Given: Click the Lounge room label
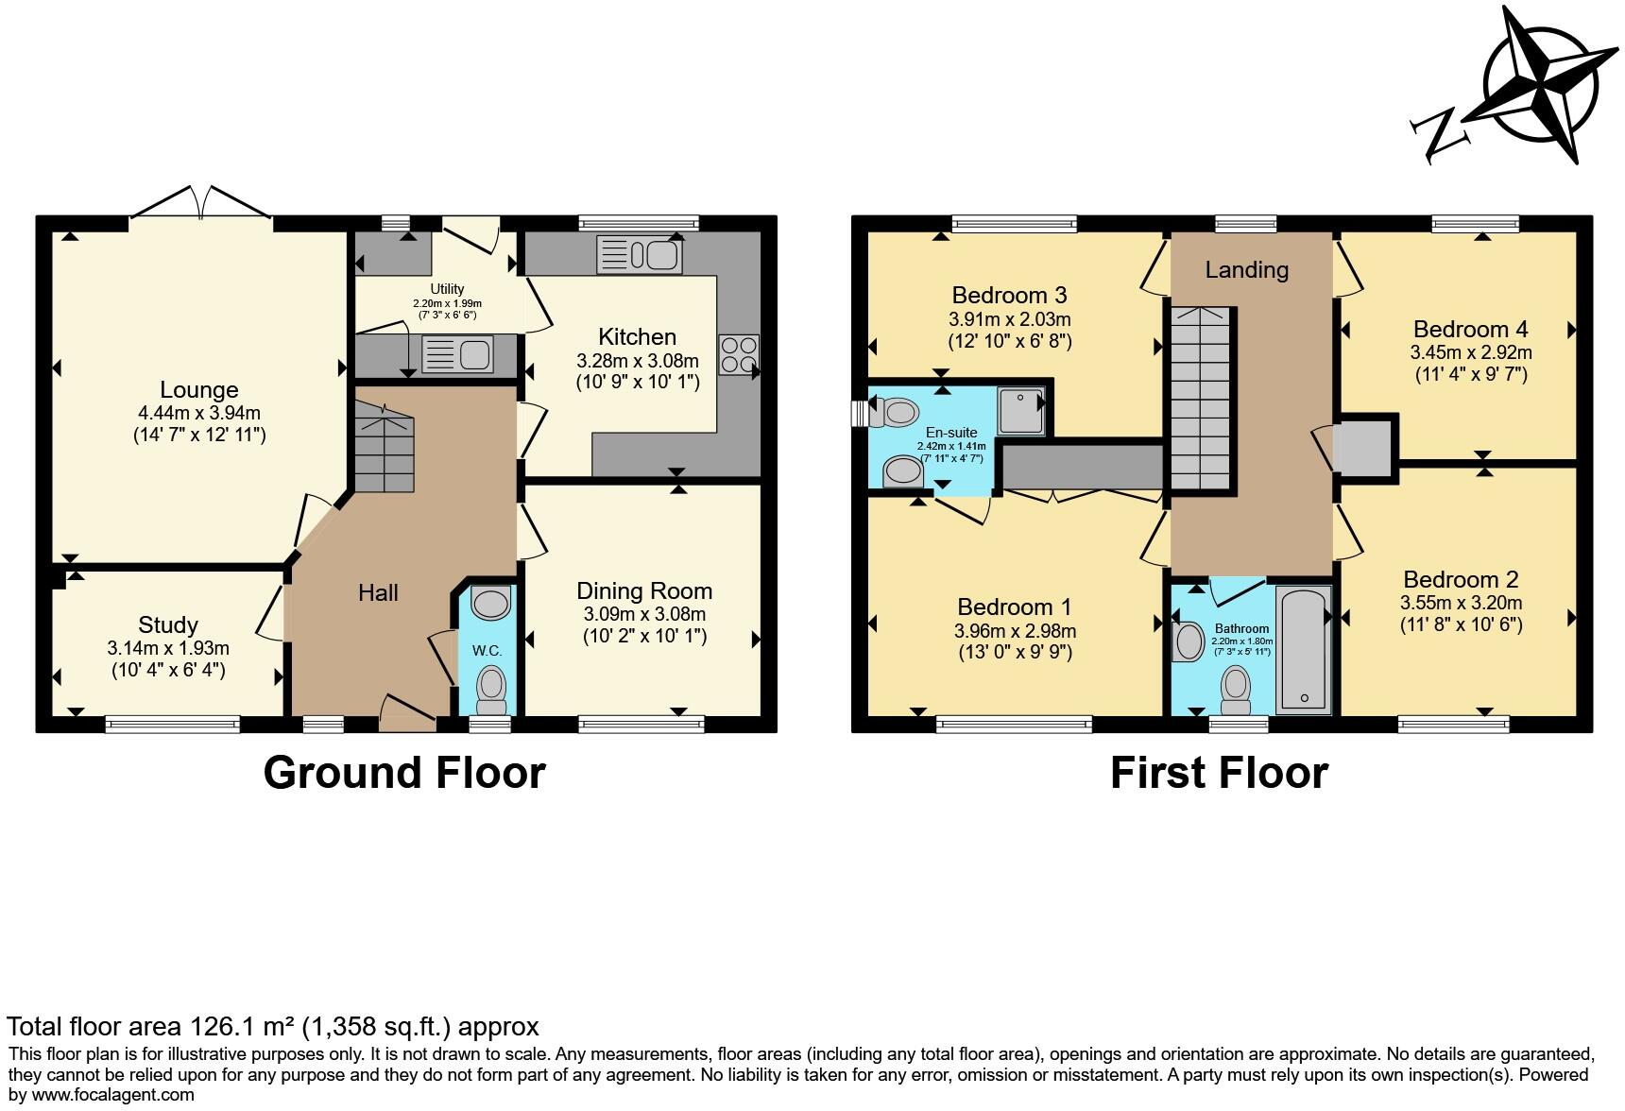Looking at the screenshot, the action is pos(198,389).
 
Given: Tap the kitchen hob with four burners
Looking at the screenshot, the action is pos(738,354).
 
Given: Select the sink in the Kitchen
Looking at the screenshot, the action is pos(640,255).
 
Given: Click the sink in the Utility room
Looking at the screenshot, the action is pos(458,354).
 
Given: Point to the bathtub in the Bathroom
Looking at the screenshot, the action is pos(1304,650).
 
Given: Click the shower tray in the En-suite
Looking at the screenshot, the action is pos(1021,411).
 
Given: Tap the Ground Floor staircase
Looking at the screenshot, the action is pos(385,446).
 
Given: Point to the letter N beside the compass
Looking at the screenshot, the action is pos(1439,135).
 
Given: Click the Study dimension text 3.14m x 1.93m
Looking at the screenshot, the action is pos(168,649).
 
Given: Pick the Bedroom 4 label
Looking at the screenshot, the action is pos(1470,329).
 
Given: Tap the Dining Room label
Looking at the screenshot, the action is pos(644,590).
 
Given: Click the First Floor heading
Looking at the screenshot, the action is pos(1219,772).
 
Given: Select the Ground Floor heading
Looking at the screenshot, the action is pos(404,772).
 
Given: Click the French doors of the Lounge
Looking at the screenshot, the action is pos(200,202).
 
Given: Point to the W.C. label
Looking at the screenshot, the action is pos(487,651).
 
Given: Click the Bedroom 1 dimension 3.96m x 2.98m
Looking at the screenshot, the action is pos(1016,631).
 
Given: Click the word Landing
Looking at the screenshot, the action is pos(1246,270).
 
